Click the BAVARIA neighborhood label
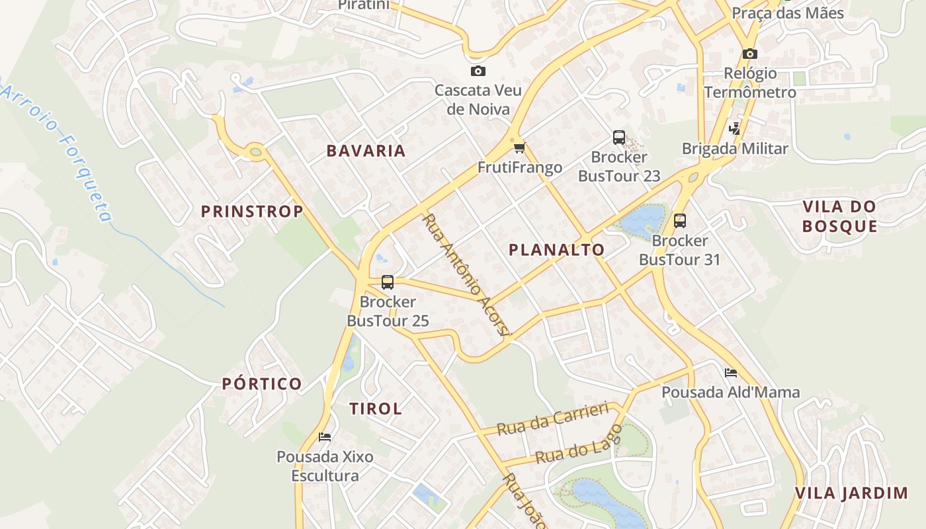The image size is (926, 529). [x=366, y=151]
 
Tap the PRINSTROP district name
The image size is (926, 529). [x=252, y=212]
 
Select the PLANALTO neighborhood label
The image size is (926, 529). [x=556, y=249]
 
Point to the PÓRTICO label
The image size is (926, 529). [x=262, y=384]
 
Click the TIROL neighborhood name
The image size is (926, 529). [x=376, y=409]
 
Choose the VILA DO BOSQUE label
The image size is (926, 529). [x=839, y=216]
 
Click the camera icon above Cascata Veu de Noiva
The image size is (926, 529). [x=478, y=71]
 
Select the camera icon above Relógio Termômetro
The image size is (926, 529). [x=749, y=54]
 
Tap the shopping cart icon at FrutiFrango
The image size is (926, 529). [x=519, y=147]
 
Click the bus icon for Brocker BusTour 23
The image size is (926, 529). [x=619, y=138]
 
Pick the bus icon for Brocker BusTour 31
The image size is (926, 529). [x=679, y=221]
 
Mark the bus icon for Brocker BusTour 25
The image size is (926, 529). [x=388, y=282]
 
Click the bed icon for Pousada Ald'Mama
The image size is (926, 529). [x=731, y=373]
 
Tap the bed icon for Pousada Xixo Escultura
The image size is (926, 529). [x=325, y=437]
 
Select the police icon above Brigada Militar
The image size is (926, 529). [x=735, y=128]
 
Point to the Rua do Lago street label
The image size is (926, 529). [x=579, y=445]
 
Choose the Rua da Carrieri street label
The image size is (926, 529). [x=552, y=419]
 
